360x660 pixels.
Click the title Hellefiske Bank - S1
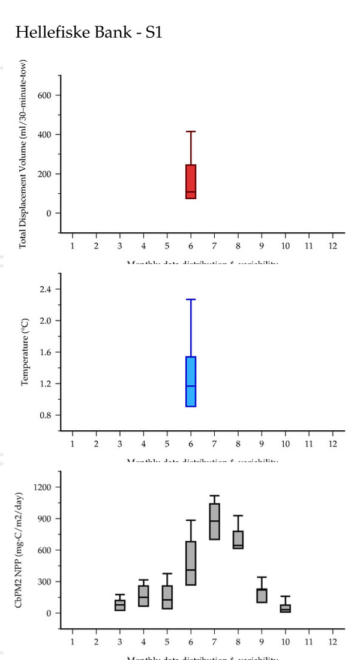(89, 32)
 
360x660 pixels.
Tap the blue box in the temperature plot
(191, 382)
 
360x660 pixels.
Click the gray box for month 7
(214, 521)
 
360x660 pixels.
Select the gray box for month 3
(120, 605)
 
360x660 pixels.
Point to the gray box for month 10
(285, 608)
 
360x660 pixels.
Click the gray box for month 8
(238, 539)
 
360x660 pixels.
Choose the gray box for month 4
(143, 596)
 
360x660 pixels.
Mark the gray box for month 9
(262, 595)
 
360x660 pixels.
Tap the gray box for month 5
(167, 597)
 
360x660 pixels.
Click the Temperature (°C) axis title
(25, 352)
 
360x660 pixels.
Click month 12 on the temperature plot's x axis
(332, 443)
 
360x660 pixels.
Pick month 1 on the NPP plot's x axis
(73, 641)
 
